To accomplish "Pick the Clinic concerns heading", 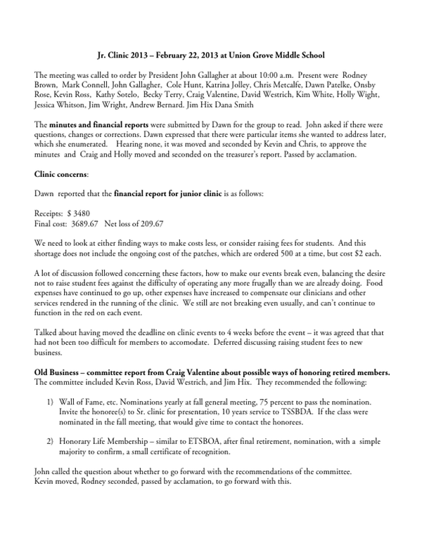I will point(60,173).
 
